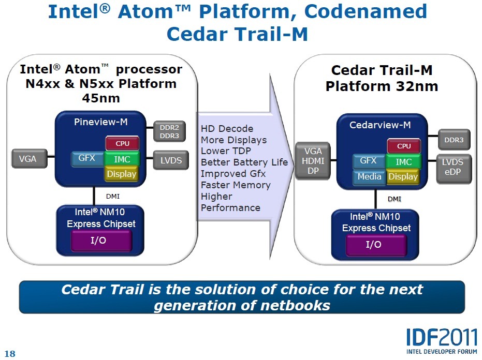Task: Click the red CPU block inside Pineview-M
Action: [x=123, y=143]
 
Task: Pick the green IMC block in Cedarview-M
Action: [x=404, y=162]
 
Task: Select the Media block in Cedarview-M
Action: [x=369, y=177]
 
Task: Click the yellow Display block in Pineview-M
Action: [x=122, y=174]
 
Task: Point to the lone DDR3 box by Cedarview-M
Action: [x=454, y=140]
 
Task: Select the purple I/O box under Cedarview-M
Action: [x=373, y=245]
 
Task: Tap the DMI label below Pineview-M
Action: [x=113, y=197]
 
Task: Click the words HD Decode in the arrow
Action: [x=227, y=128]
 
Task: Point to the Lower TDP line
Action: [x=226, y=151]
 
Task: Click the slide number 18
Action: [x=10, y=354]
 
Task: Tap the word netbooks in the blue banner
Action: [x=294, y=305]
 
